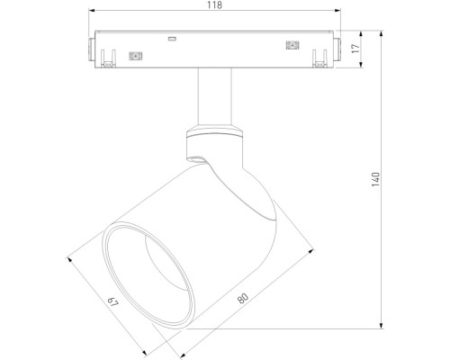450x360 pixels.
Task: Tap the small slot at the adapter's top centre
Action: pos(171,40)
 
